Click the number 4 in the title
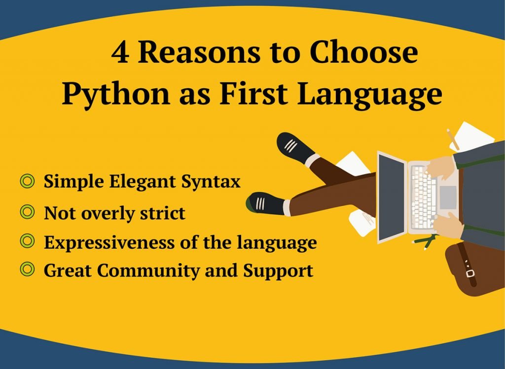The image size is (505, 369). tap(120, 53)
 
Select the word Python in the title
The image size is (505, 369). tap(115, 94)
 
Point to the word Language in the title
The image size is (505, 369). tap(370, 94)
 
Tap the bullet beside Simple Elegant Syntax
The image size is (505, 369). tap(27, 181)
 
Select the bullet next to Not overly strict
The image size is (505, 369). tap(27, 212)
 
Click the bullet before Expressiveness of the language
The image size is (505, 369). tap(27, 241)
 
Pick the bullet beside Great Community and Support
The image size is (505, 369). tap(27, 269)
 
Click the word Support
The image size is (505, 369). tap(278, 271)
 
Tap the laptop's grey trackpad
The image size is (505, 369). tap(448, 197)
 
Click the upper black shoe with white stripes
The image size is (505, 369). tap(294, 148)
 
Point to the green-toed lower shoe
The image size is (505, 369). tap(265, 203)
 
